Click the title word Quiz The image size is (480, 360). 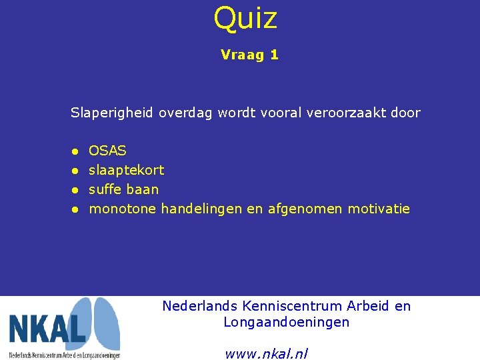click(x=245, y=18)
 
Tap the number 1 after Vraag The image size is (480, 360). click(x=274, y=55)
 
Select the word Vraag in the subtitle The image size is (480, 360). click(x=241, y=55)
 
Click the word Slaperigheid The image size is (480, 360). click(x=112, y=113)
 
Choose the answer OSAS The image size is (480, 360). click(x=107, y=151)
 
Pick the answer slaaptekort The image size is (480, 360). click(x=126, y=171)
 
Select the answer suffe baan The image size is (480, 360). click(x=123, y=190)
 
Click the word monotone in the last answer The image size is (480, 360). click(x=123, y=209)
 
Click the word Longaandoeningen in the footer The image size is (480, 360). click(x=286, y=323)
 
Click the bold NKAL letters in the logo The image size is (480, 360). click(x=47, y=329)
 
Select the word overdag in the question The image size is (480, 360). click(x=187, y=113)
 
